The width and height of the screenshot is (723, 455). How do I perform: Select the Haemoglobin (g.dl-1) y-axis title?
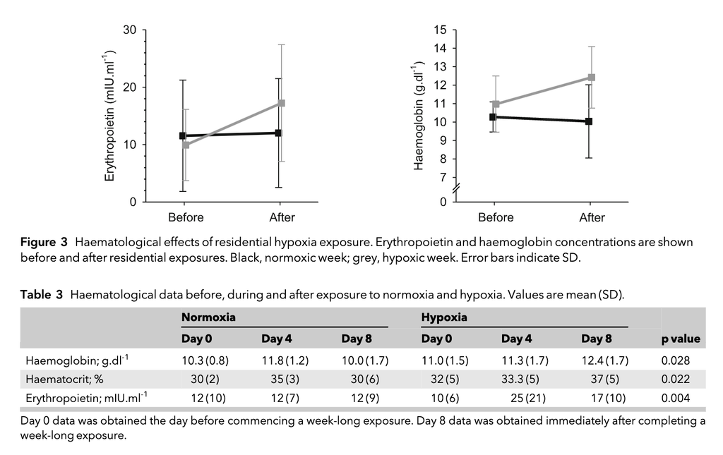click(419, 116)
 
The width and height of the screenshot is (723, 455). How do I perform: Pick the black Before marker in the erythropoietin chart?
click(183, 136)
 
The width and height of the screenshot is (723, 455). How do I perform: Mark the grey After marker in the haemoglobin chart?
click(592, 78)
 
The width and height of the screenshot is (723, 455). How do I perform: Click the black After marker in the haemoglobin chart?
click(589, 121)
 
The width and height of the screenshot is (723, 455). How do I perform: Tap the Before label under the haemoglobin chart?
click(496, 217)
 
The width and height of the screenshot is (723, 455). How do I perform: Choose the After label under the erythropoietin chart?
click(282, 217)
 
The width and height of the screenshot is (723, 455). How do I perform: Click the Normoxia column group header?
click(208, 317)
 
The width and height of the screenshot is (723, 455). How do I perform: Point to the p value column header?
click(681, 339)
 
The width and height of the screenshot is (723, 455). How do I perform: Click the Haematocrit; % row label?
click(64, 380)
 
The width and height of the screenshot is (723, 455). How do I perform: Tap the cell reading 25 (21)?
click(528, 398)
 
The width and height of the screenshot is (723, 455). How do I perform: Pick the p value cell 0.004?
click(676, 398)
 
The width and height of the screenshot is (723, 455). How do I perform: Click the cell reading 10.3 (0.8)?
click(205, 360)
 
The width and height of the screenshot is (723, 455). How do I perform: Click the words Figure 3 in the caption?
click(44, 242)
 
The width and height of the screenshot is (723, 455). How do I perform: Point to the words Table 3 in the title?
click(42, 295)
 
